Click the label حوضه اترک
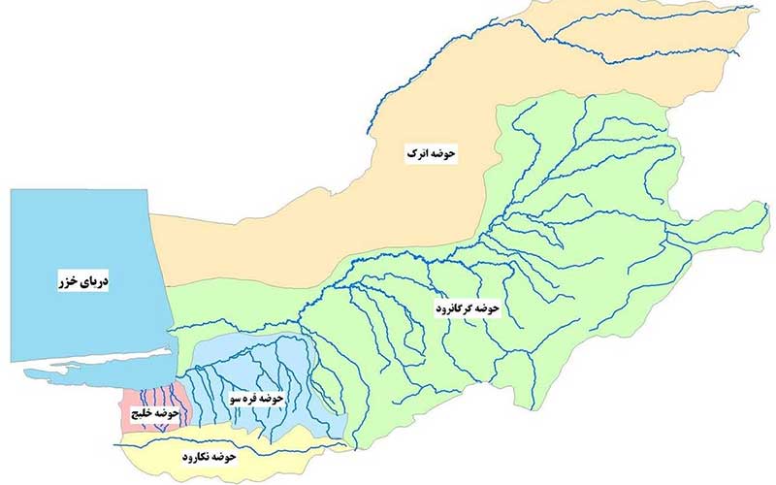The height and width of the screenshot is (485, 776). coord(430,153)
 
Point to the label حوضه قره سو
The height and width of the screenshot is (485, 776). coord(255,399)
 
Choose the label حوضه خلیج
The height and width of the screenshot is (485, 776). coord(153,414)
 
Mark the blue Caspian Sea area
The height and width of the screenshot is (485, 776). coord(78,233)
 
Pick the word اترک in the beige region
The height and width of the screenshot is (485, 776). coord(417,153)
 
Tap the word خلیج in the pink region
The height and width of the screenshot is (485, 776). coord(142,414)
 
